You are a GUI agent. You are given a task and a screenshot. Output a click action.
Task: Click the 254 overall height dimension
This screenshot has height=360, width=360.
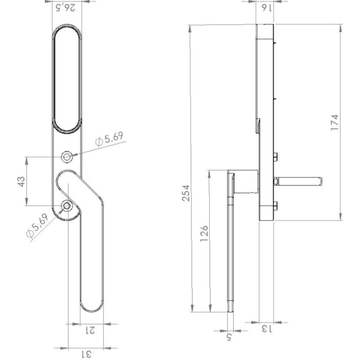pos(186,193)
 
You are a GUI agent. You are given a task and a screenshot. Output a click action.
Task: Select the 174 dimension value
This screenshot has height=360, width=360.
pos(335,122)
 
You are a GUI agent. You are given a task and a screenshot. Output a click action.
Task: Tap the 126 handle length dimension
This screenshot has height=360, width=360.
pos(204,233)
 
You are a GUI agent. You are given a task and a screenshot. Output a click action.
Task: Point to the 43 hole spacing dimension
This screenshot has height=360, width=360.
pos(21,182)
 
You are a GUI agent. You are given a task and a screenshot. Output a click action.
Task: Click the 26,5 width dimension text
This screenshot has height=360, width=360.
pos(66,8)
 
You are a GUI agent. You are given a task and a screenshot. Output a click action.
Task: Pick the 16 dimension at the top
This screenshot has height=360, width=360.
pos(267,8)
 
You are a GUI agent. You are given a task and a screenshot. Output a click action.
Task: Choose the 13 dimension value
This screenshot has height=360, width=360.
pos(266,329)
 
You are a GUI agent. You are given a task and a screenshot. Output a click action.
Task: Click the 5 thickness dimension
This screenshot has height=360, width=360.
pos(229,337)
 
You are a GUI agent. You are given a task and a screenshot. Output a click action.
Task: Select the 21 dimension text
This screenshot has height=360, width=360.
pos(90,331)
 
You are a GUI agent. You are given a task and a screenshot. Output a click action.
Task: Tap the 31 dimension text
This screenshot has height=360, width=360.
pos(86,354)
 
